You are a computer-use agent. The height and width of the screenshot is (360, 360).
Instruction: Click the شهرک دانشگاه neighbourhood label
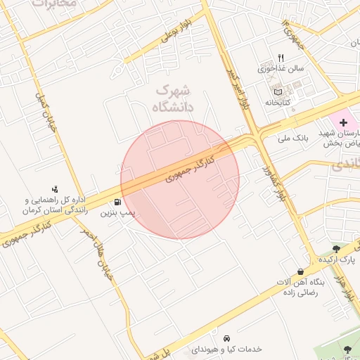tap(172, 98)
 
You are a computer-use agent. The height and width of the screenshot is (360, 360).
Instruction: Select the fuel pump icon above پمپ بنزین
tap(127, 201)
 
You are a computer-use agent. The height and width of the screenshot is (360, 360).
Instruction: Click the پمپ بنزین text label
tap(117, 211)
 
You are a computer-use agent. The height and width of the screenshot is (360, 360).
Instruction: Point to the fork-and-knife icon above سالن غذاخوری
tap(281, 58)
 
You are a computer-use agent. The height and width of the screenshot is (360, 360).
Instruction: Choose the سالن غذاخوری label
tap(280, 69)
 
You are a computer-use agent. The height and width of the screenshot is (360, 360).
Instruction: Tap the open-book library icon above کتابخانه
tap(277, 91)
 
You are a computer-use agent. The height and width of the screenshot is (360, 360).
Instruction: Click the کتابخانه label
tap(278, 103)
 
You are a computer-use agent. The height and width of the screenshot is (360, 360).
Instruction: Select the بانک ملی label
tap(294, 137)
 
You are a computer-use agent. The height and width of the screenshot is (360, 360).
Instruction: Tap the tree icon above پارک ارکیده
tap(337, 248)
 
